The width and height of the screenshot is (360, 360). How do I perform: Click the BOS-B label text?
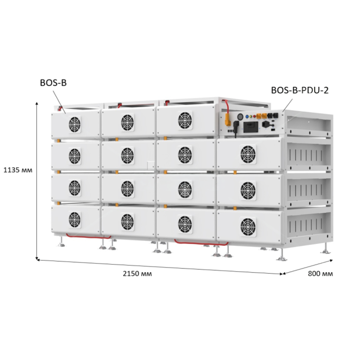[x=53, y=83]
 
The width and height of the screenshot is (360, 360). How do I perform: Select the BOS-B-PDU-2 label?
[x=300, y=90]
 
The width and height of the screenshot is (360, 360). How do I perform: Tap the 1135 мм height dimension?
[x=18, y=171]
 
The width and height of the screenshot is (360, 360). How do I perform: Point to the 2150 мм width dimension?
[x=137, y=274]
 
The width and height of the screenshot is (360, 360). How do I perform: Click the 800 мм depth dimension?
[x=320, y=274]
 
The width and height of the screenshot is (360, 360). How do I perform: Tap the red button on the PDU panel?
[x=254, y=117]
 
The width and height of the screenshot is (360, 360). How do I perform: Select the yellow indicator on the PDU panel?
[x=251, y=117]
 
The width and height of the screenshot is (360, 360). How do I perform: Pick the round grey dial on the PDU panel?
[x=240, y=117]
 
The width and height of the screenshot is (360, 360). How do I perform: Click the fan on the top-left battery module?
[x=75, y=125]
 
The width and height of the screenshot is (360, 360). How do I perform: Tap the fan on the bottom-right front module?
[x=248, y=226]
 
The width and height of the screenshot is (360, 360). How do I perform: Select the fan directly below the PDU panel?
[x=248, y=154]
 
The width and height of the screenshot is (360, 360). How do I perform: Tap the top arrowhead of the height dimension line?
[x=37, y=103]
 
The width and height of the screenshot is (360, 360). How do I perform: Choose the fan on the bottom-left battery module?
[x=75, y=220]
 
